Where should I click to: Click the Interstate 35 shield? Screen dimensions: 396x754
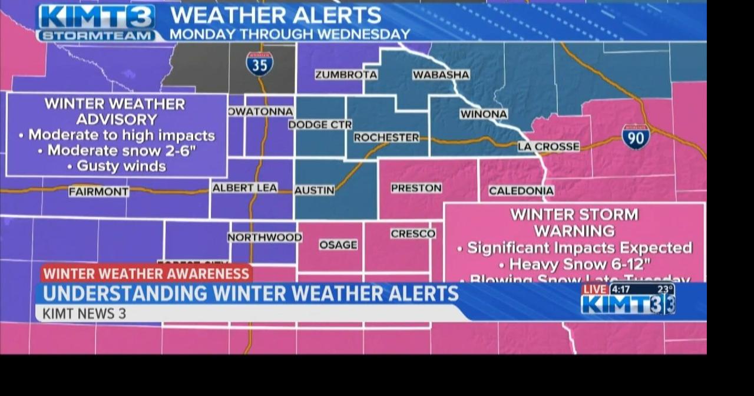click(259, 64)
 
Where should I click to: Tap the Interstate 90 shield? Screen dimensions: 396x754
click(636, 137)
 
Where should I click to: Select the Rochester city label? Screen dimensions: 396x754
click(386, 137)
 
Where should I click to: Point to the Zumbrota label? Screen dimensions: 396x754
click(346, 75)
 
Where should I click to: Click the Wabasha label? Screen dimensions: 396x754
click(441, 75)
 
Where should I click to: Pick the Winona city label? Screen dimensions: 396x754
click(484, 114)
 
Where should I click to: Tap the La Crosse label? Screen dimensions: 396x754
click(548, 147)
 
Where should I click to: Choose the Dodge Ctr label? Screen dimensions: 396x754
click(320, 125)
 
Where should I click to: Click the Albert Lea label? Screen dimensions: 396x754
click(244, 188)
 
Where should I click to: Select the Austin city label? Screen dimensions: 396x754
click(315, 190)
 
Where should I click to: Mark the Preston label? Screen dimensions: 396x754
click(416, 188)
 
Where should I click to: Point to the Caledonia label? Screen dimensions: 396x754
click(521, 191)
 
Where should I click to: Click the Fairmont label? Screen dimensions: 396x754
click(98, 192)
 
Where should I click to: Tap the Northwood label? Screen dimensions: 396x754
click(264, 237)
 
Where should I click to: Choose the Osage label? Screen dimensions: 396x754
click(338, 245)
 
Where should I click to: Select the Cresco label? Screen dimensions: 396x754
click(413, 234)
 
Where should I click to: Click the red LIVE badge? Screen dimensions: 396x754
click(594, 289)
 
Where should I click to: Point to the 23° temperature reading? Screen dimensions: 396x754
click(665, 289)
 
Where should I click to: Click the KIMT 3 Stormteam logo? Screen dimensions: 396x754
click(96, 22)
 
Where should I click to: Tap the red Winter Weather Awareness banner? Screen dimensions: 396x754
click(146, 273)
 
